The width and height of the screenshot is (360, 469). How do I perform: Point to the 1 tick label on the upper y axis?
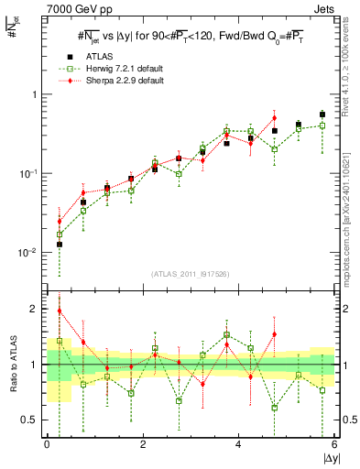tap(35, 95)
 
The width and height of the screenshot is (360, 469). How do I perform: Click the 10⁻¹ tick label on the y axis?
tap(30, 173)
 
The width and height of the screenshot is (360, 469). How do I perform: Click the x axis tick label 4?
tap(238, 444)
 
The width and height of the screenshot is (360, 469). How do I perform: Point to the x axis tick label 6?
tap(334, 444)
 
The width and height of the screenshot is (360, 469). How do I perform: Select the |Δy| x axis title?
tap(327, 458)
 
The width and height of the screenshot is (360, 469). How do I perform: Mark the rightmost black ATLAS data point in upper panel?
tap(322, 115)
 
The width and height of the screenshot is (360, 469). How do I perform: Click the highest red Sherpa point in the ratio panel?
tap(60, 311)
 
